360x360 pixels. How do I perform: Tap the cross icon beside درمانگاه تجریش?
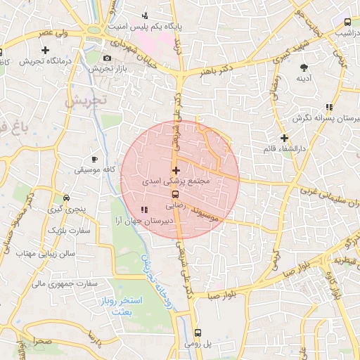coord(46,50)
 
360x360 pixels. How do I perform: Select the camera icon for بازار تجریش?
coord(107,58)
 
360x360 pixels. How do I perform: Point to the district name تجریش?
coord(86,101)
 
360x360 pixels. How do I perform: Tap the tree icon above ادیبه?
coord(304,67)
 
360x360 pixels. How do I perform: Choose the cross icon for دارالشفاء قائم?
coord(284,138)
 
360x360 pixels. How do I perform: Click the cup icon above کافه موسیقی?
coord(95,159)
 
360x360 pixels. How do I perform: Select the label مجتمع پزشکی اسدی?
coord(176,181)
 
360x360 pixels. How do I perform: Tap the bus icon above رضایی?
coord(175,195)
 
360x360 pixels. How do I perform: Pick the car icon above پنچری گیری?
coord(65,198)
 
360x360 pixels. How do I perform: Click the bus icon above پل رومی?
coord(197,333)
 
